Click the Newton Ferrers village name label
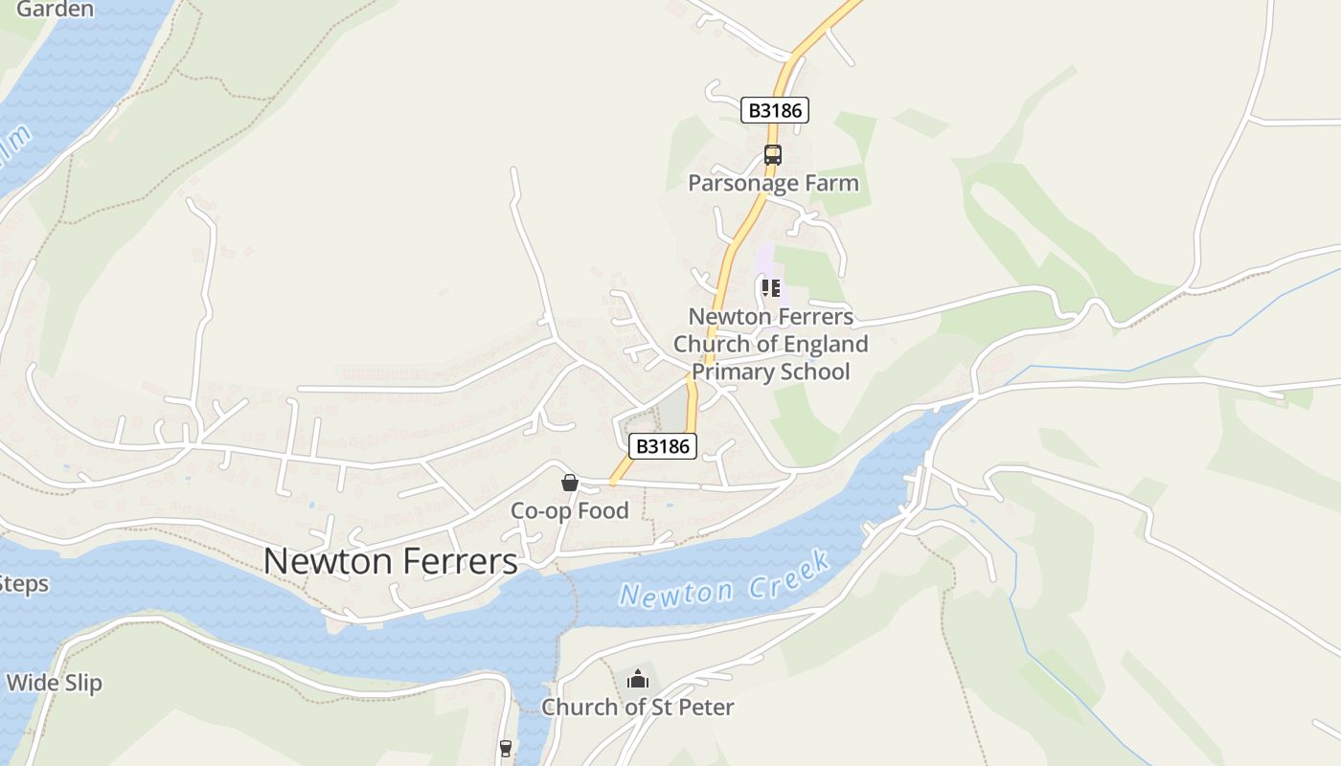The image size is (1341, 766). [390, 561]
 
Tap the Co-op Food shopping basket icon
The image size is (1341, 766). [570, 483]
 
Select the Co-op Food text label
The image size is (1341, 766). [569, 510]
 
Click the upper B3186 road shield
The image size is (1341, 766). [775, 110]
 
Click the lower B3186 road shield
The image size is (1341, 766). [663, 446]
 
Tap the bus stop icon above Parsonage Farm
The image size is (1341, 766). [772, 154]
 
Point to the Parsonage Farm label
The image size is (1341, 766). [773, 183]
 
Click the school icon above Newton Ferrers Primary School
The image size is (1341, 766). [771, 287]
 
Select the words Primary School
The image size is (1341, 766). [770, 372]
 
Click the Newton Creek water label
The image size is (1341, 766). [724, 580]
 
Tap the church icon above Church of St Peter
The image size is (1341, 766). [638, 680]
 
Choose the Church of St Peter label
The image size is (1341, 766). [638, 708]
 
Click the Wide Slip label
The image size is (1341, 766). [54, 683]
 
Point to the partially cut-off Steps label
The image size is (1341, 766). [23, 584]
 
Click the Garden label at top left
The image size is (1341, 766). [56, 10]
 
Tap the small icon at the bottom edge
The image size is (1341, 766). [506, 748]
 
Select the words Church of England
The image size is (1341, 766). [770, 344]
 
